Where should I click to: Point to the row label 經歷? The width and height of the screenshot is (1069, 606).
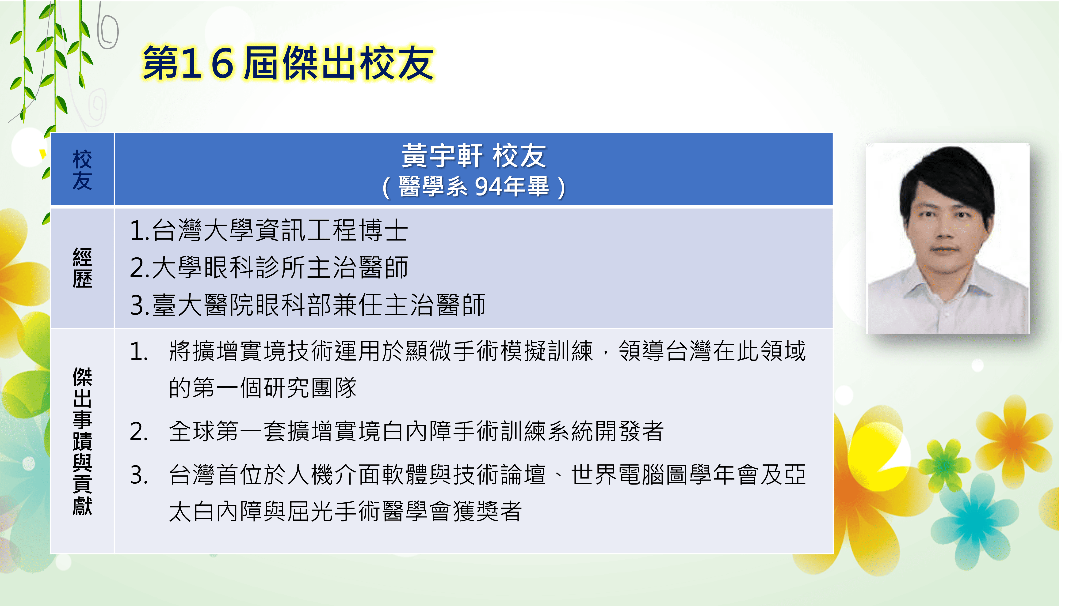click(x=82, y=268)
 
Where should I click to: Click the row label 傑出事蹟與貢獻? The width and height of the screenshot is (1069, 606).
click(x=82, y=441)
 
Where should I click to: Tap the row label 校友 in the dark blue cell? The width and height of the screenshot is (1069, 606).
click(x=82, y=170)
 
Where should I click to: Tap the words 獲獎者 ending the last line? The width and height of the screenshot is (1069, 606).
click(x=488, y=512)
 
